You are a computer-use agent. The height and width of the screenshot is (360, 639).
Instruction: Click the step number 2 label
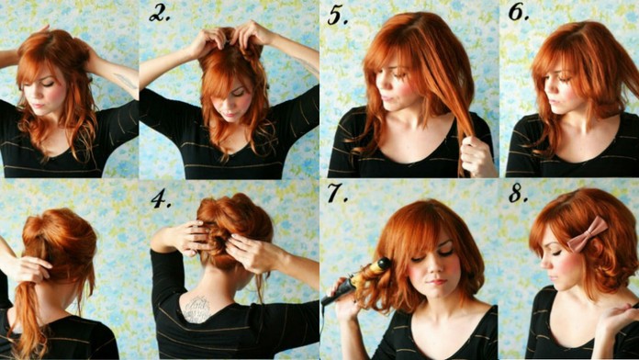coord(160,14)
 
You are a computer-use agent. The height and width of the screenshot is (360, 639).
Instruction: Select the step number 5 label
coord(338,16)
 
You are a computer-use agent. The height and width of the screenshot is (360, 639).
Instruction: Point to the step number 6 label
coord(519,12)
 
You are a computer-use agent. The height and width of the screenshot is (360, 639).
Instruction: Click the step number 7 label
coord(338,193)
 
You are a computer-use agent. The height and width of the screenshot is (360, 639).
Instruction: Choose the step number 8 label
coord(519,193)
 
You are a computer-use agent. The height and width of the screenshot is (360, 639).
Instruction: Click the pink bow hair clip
coord(588,234)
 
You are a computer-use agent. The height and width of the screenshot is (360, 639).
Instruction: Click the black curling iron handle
coord(336,293)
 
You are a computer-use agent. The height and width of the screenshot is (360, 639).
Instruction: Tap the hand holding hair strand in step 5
coord(476,154)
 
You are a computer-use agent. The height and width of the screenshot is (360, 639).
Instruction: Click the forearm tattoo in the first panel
coord(125,81)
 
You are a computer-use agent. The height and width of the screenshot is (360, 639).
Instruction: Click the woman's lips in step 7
coord(436,282)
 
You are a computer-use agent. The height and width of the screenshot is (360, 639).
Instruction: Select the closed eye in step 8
coord(555,253)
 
